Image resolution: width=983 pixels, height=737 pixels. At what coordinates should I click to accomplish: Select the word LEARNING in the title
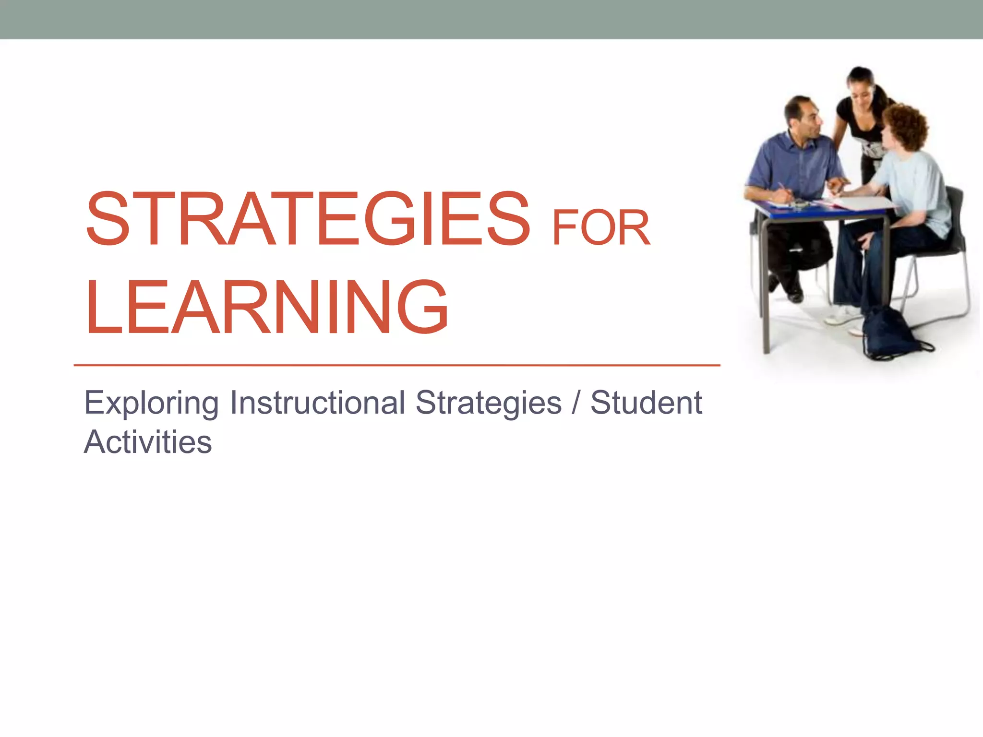(x=267, y=307)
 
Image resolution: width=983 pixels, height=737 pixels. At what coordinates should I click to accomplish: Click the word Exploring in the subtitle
(x=152, y=403)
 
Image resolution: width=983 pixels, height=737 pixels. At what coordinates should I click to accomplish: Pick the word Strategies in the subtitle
(x=488, y=403)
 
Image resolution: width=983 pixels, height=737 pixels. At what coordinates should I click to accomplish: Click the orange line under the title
(x=396, y=365)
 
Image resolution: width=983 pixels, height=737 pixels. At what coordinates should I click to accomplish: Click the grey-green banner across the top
(x=491, y=19)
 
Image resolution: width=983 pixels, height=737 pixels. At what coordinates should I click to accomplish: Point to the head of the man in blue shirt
(x=803, y=117)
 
